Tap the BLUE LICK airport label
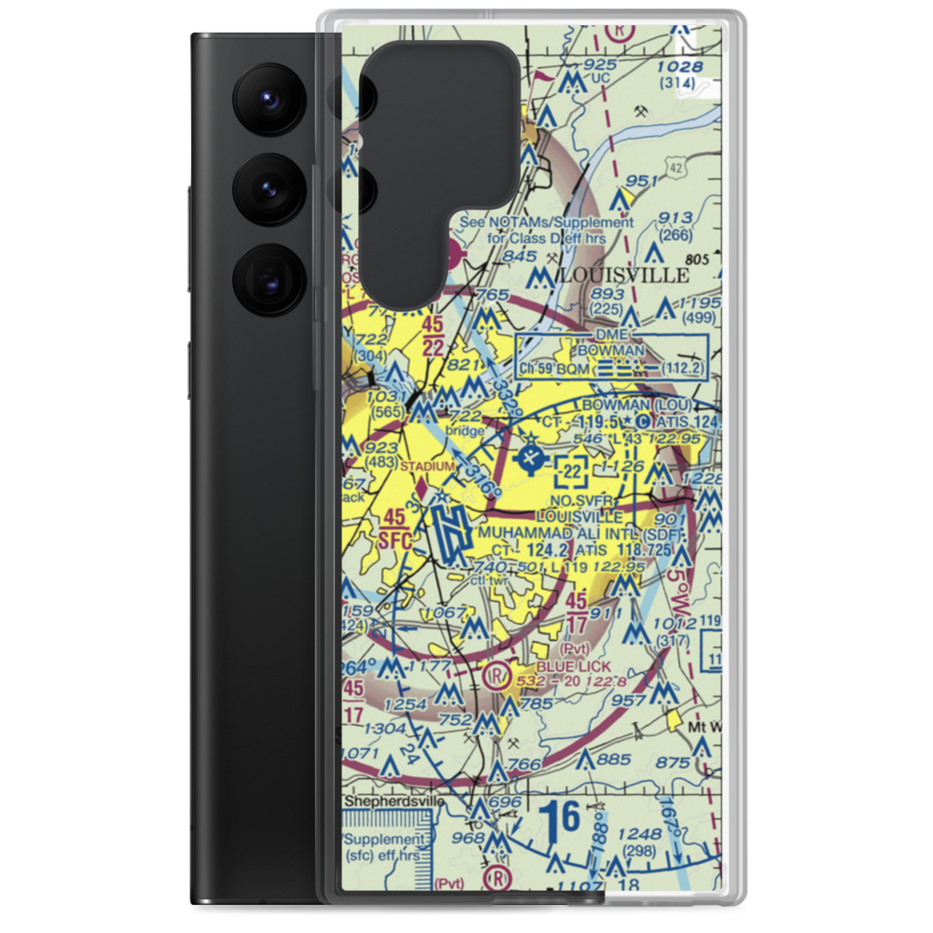pos(573,667)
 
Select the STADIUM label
pos(427,466)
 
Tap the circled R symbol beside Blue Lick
pos(499,673)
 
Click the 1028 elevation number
pos(678,66)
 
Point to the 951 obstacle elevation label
pos(642,181)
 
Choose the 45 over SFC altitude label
pos(395,524)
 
